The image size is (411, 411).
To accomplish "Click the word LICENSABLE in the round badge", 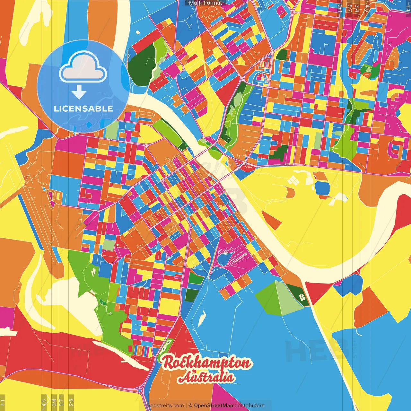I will click(x=83, y=109).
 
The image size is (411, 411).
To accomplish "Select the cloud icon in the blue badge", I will click(x=83, y=67).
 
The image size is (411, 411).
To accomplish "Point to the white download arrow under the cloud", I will click(x=79, y=92).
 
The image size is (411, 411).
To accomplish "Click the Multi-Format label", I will click(x=205, y=3).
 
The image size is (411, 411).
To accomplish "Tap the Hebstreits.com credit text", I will click(x=165, y=406).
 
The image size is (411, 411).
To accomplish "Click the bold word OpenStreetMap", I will click(x=214, y=406).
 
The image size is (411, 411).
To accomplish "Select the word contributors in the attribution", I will click(x=249, y=406).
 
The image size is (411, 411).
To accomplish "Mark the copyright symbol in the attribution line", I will click(x=190, y=406).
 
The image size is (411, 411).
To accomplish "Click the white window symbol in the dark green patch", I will click(x=302, y=297).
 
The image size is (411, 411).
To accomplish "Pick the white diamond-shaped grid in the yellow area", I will click(x=293, y=181).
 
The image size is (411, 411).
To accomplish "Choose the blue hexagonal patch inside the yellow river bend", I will click(x=322, y=188).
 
